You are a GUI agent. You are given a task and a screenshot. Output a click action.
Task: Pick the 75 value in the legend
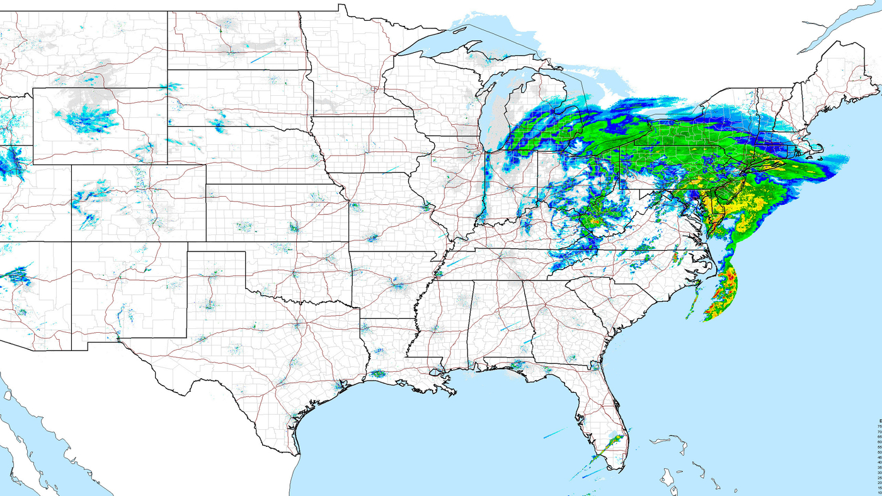(x=879, y=426)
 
